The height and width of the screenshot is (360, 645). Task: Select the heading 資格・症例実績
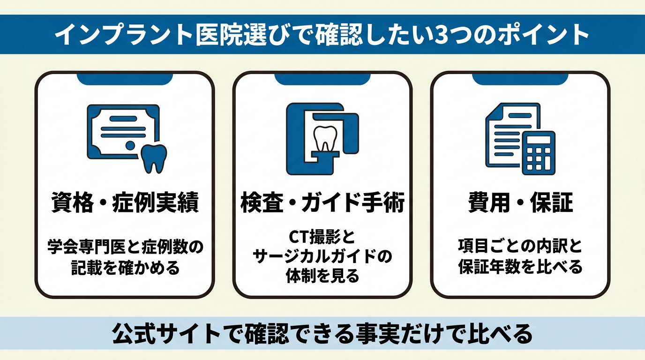(x=125, y=202)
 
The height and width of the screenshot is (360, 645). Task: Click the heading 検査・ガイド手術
(x=322, y=202)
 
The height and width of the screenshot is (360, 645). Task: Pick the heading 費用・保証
(x=520, y=202)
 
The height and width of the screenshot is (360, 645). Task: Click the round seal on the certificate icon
(x=130, y=145)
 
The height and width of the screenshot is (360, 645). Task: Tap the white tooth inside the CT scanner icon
(x=325, y=138)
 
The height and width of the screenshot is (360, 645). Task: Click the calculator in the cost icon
(x=539, y=153)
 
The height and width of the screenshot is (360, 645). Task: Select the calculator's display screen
(x=539, y=141)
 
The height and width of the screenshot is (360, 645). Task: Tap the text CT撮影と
(x=322, y=237)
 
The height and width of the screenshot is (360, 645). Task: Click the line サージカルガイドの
(x=322, y=256)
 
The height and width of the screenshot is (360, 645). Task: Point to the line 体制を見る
(x=322, y=276)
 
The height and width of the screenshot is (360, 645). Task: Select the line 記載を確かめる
(x=125, y=268)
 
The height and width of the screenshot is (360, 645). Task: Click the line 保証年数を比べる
(x=520, y=266)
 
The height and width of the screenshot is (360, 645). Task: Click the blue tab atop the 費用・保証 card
(x=520, y=79)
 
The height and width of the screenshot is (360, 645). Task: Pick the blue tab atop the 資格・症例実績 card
(x=125, y=79)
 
